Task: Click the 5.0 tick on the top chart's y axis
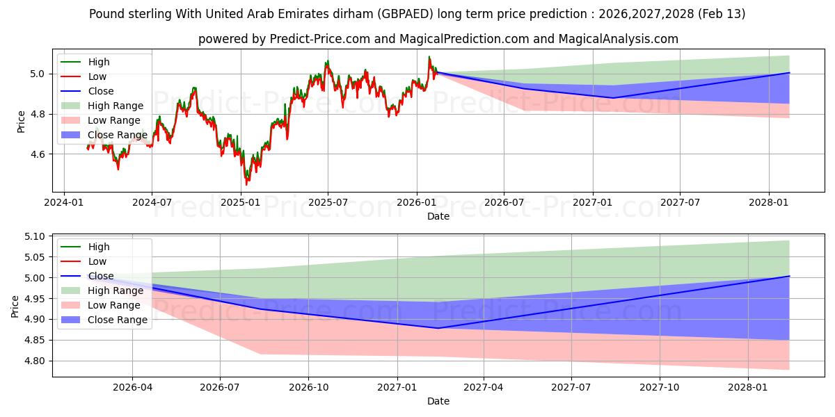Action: pyautogui.click(x=38, y=74)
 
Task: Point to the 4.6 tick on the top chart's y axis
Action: pyautogui.click(x=38, y=154)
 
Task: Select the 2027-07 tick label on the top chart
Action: pyautogui.click(x=680, y=202)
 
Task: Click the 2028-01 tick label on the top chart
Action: pyautogui.click(x=768, y=202)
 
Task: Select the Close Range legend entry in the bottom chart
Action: pyautogui.click(x=117, y=320)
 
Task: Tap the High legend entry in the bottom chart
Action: pyautogui.click(x=98, y=247)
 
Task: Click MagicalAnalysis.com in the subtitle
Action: pyautogui.click(x=621, y=39)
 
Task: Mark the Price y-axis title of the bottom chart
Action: pyautogui.click(x=15, y=306)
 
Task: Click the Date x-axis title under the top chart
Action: pyautogui.click(x=438, y=216)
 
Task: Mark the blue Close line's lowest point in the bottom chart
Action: pyautogui.click(x=438, y=328)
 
